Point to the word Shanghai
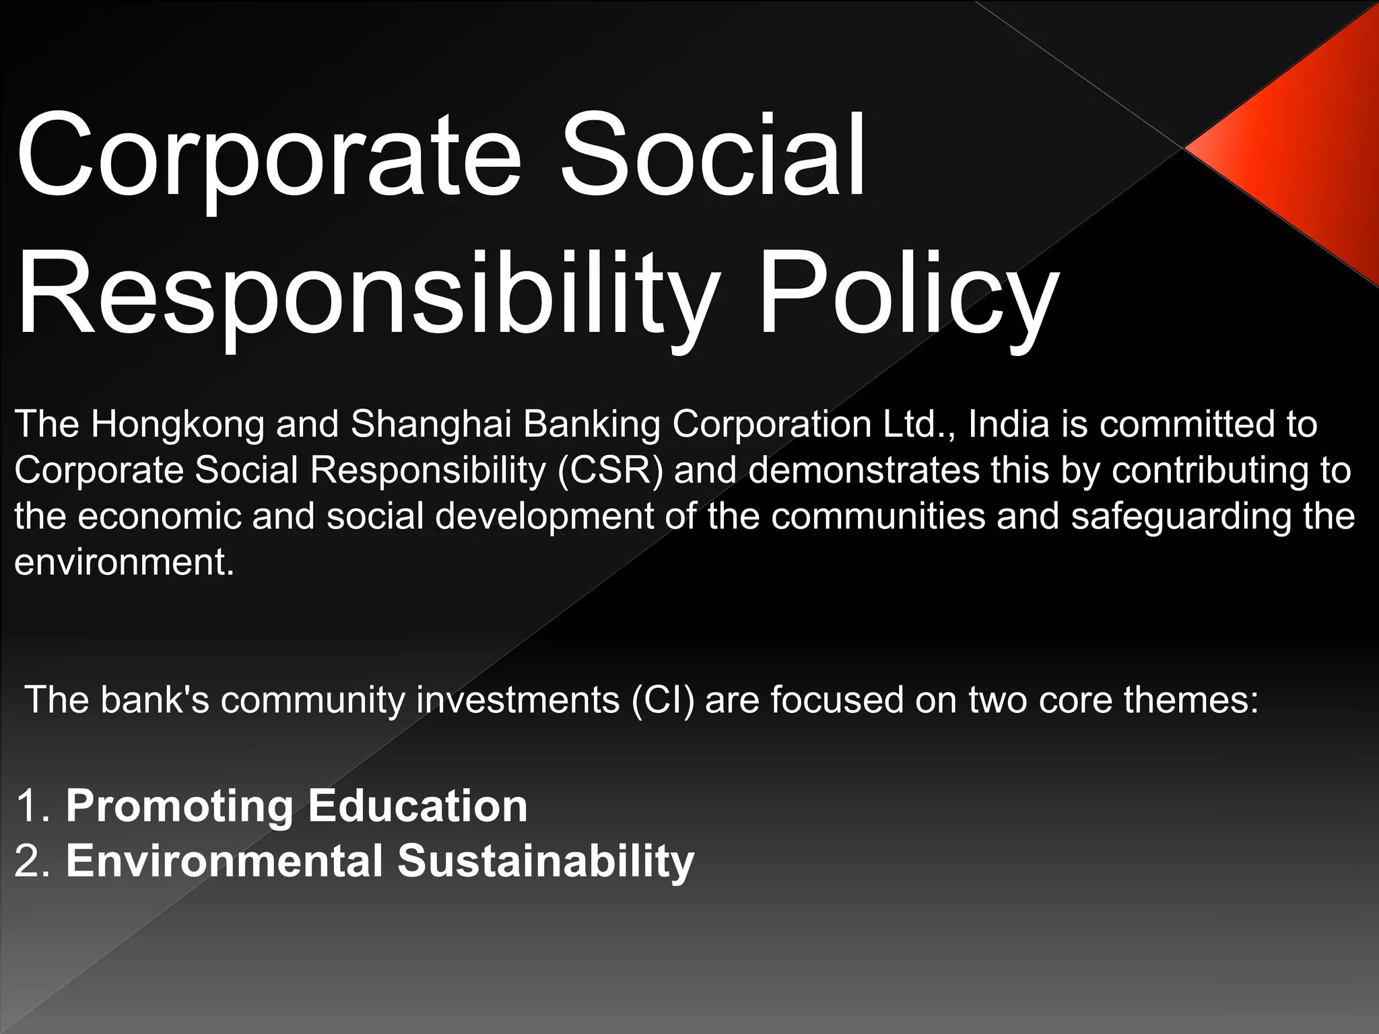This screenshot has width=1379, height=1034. [x=431, y=424]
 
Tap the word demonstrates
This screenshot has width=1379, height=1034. [x=864, y=470]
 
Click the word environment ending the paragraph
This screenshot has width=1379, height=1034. [x=124, y=562]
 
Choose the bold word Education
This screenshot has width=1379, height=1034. [x=417, y=806]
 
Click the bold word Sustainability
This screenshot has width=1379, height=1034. [x=545, y=862]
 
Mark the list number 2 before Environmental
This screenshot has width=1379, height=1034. [x=30, y=862]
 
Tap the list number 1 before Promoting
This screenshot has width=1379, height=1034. [x=30, y=806]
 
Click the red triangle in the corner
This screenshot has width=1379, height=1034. [x=1300, y=148]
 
